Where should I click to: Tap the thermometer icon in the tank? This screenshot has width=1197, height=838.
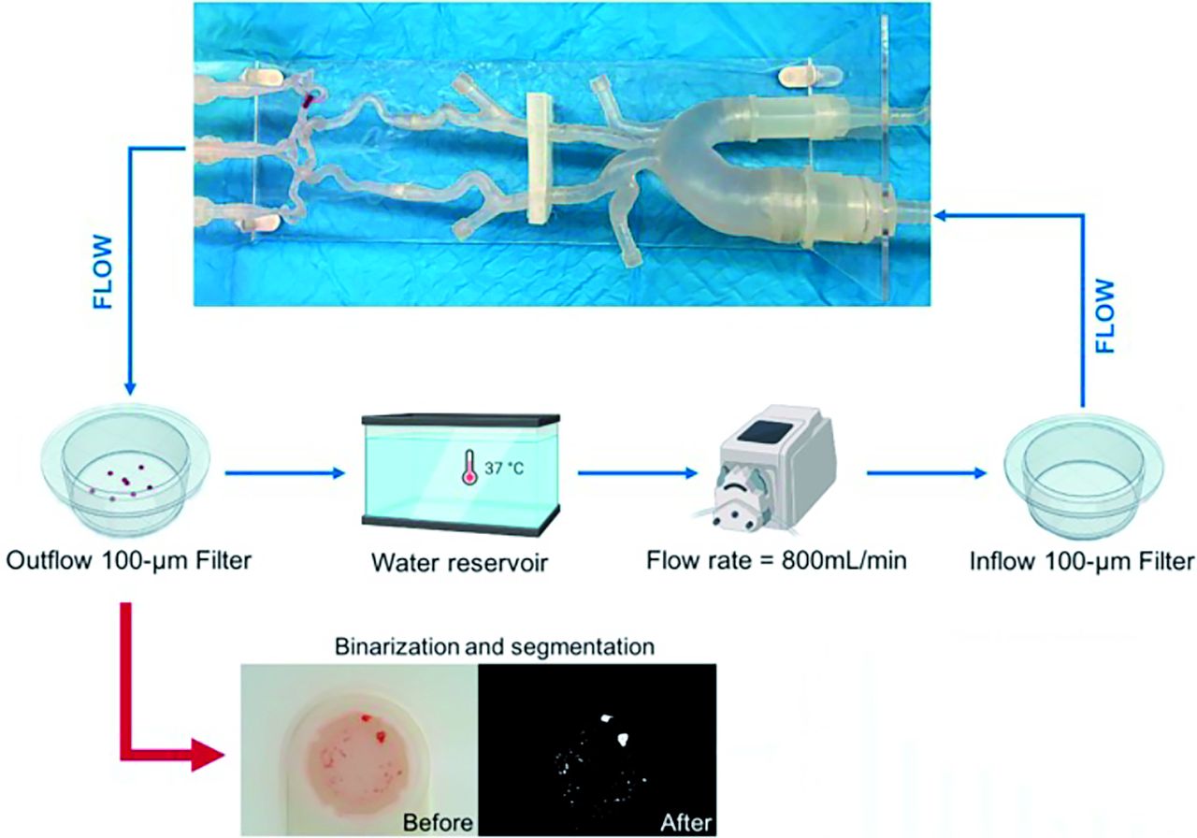point(469,468)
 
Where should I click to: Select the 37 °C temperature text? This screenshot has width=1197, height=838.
point(504,469)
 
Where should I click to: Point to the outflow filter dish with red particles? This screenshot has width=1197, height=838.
point(126,470)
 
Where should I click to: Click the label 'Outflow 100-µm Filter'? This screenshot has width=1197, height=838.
point(128,560)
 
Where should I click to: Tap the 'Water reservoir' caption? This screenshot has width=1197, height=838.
point(459,563)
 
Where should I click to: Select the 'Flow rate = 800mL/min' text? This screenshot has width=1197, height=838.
point(776,560)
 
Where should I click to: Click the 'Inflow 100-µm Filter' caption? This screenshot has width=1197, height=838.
point(1082,561)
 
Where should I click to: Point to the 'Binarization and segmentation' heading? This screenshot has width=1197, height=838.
point(495,646)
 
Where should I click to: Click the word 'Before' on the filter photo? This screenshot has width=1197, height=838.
point(438,822)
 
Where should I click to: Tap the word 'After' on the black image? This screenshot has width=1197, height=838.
point(686,822)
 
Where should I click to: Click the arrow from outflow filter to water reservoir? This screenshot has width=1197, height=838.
point(284,473)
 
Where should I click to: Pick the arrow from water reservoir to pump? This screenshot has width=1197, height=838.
point(638,473)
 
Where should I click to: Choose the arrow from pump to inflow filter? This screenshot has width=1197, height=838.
point(927,473)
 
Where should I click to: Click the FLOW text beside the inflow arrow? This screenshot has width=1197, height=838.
point(1105,316)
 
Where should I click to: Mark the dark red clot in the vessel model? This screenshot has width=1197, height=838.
point(309,100)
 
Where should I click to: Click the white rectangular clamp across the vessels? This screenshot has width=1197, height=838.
point(540,158)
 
